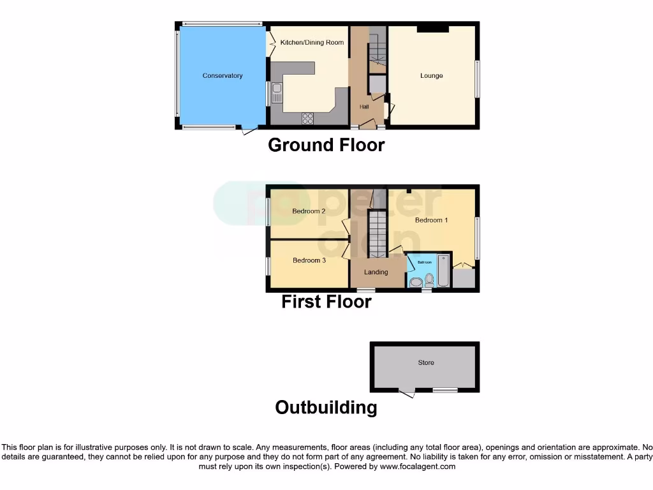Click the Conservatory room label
(x=223, y=76)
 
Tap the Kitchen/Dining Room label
(x=312, y=43)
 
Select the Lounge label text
(x=431, y=76)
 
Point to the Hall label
(x=364, y=107)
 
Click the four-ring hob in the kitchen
(x=307, y=118)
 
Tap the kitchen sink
(x=277, y=94)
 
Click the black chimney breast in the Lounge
(x=432, y=29)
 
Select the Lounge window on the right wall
(x=477, y=79)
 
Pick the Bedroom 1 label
(x=431, y=220)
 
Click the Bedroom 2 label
(x=309, y=211)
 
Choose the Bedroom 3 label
(x=309, y=260)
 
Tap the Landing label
(x=376, y=272)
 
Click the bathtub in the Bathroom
(x=443, y=271)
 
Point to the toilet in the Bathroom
(x=429, y=280)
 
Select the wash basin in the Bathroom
(x=415, y=283)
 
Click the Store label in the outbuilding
(x=425, y=363)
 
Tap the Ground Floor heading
(x=326, y=145)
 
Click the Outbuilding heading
(x=326, y=407)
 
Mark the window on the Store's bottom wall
(x=444, y=389)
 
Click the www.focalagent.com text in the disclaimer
(x=418, y=466)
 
